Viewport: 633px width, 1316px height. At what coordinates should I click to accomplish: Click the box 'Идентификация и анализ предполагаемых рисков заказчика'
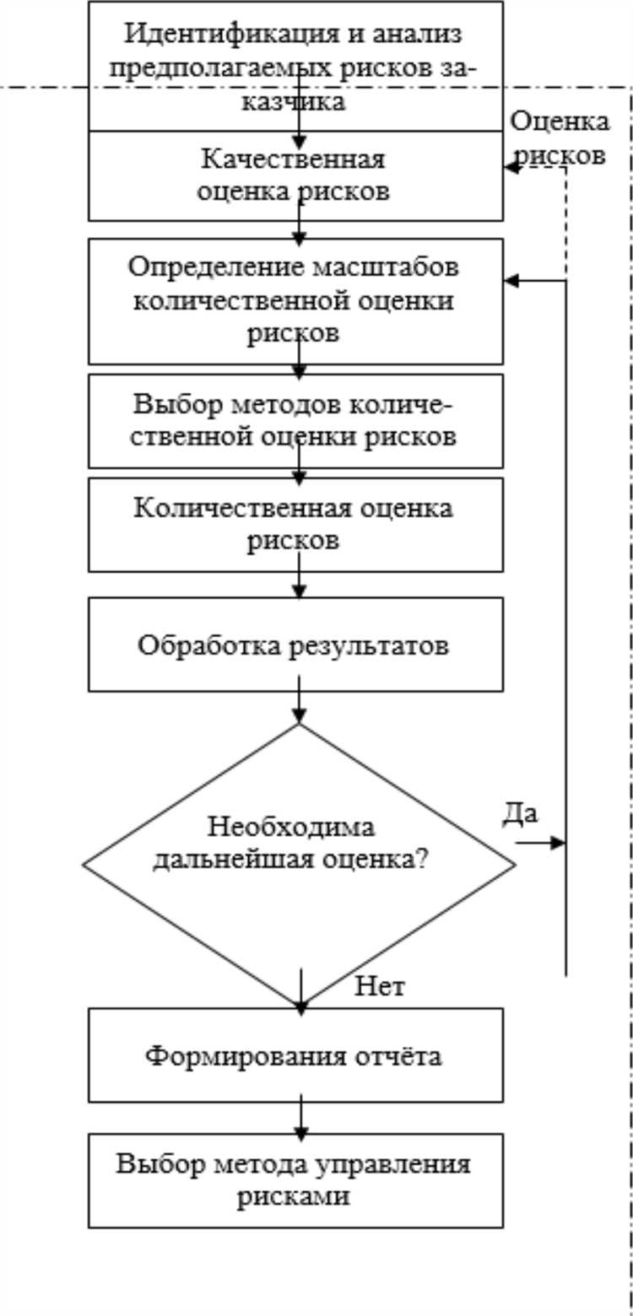tap(295, 66)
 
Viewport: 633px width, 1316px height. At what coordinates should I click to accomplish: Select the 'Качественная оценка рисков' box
tap(295, 175)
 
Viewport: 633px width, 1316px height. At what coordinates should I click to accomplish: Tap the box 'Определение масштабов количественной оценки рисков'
tap(295, 300)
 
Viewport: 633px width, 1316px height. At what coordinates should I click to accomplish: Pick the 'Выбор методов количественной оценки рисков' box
tap(295, 420)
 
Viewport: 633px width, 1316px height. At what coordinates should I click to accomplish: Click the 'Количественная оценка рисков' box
tap(295, 524)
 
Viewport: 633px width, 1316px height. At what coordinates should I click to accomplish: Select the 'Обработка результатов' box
tap(295, 645)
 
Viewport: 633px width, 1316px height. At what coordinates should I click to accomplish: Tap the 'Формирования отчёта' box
tap(295, 1055)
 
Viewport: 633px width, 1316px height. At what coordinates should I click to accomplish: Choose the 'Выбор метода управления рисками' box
tap(295, 1179)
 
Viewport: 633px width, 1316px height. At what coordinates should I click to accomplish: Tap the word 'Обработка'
tap(204, 646)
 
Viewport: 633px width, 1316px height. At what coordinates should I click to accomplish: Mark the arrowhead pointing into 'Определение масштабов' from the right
tap(511, 281)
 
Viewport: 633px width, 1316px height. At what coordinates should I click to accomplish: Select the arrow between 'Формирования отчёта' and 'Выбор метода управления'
tap(299, 1118)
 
